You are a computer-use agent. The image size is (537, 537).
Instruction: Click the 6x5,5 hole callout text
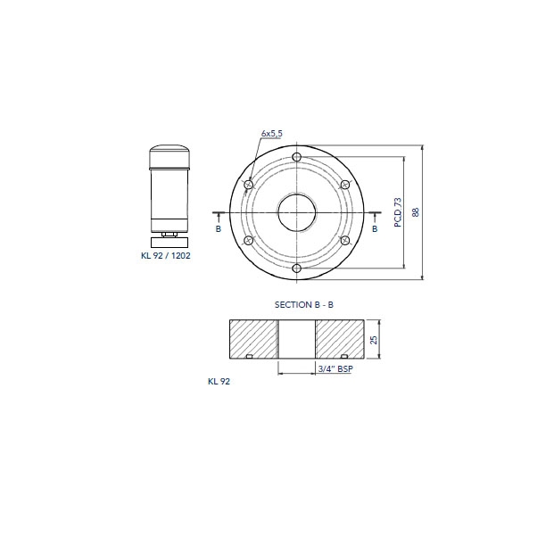coord(271,133)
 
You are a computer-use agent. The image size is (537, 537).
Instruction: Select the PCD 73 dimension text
coord(398,212)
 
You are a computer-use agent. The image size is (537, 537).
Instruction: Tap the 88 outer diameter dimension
coord(416,212)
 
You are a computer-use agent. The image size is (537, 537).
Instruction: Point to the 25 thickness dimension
coord(374,339)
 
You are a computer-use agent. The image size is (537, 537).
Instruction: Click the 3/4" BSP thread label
coord(335,368)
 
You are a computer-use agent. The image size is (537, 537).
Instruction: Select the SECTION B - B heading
coord(304,304)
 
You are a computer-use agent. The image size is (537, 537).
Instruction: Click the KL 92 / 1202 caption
coord(166,255)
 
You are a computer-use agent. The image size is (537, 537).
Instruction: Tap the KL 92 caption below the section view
coord(219,381)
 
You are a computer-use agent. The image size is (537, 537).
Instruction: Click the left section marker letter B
coord(219,228)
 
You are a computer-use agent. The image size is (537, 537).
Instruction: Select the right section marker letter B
coord(375,228)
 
